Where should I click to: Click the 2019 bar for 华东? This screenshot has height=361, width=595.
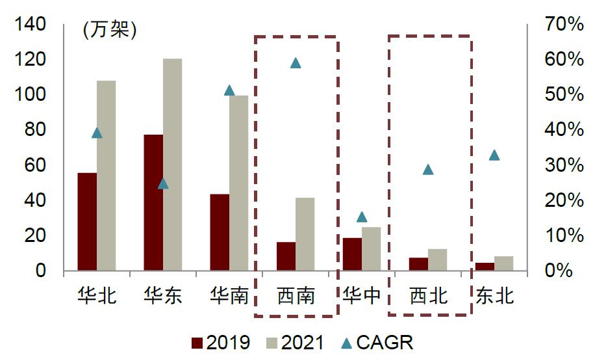pyautogui.click(x=153, y=202)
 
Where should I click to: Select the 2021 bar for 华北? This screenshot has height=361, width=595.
pyautogui.click(x=106, y=176)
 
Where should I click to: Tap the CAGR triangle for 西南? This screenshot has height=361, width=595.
pyautogui.click(x=296, y=63)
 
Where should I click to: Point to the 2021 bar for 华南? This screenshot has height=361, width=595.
pyautogui.click(x=238, y=183)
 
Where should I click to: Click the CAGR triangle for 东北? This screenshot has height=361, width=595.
pyautogui.click(x=494, y=155)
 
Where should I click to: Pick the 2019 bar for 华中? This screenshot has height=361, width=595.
pyautogui.click(x=352, y=254)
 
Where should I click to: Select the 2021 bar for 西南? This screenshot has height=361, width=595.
pyautogui.click(x=305, y=234)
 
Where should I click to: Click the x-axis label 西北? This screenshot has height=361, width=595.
pyautogui.click(x=428, y=296)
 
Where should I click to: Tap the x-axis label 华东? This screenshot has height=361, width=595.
pyautogui.click(x=163, y=296)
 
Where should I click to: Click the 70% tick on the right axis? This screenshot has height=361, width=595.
pyautogui.click(x=564, y=25)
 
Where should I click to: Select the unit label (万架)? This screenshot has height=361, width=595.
pyautogui.click(x=109, y=30)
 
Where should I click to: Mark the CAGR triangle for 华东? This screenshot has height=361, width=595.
pyautogui.click(x=163, y=183)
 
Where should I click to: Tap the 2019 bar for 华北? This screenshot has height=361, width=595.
pyautogui.click(x=87, y=221)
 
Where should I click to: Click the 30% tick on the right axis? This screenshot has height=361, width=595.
pyautogui.click(x=564, y=165)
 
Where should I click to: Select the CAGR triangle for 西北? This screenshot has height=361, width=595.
pyautogui.click(x=427, y=170)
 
